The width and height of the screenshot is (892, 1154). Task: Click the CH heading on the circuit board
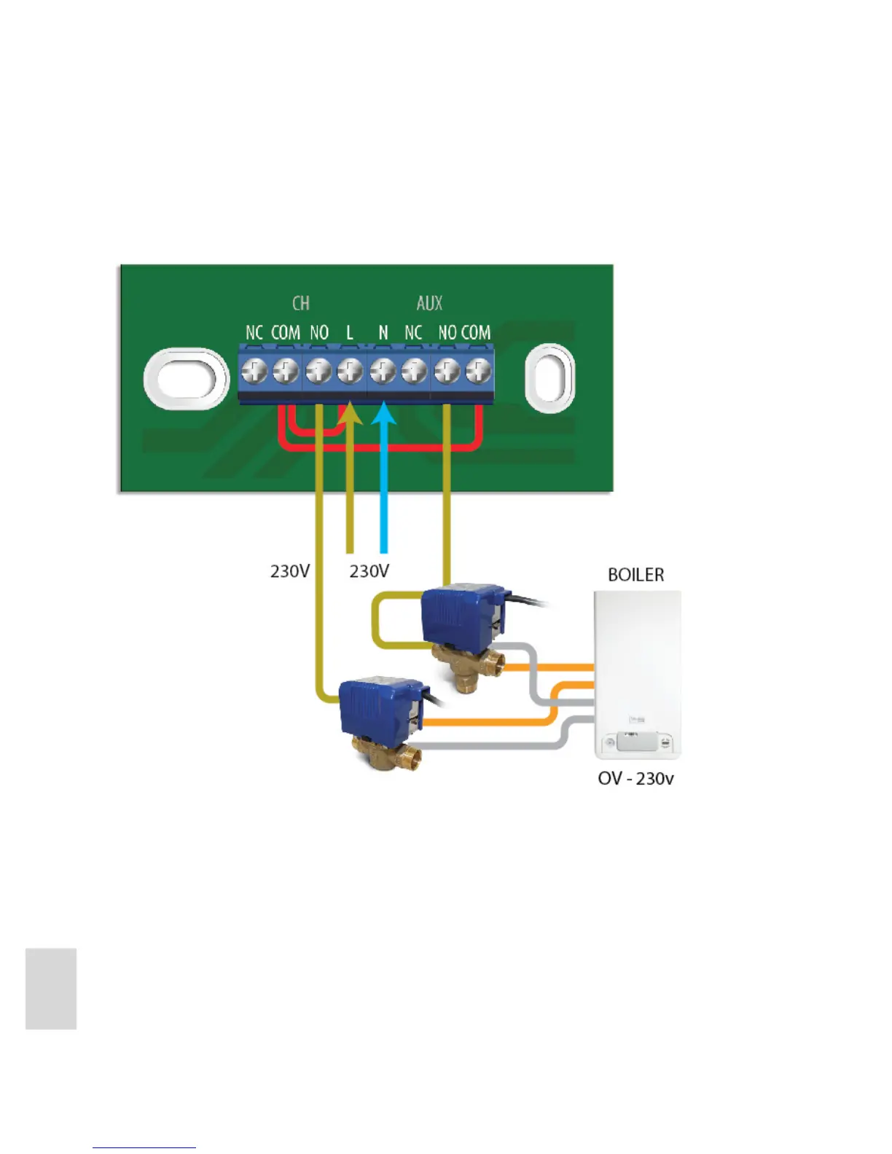point(301,303)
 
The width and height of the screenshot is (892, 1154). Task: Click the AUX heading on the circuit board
point(429,303)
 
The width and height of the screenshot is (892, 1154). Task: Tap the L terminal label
point(350,333)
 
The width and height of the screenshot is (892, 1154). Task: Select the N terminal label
point(383,333)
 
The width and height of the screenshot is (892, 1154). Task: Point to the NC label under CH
point(254,333)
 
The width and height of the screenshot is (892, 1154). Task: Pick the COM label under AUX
point(476,333)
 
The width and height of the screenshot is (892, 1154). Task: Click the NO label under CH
point(319,333)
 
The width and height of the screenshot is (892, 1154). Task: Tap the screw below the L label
point(350,372)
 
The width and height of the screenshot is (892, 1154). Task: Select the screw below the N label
point(383,372)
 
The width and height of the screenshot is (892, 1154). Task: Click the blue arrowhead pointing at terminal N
point(383,415)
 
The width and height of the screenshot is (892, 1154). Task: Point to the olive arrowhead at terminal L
point(350,415)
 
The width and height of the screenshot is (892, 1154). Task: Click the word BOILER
point(635,575)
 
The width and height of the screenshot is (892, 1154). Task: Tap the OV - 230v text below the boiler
point(635,779)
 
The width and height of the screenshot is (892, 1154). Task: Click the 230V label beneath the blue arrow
point(369,571)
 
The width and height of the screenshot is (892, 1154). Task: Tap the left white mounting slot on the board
point(187,377)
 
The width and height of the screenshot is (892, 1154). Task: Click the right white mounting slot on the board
point(550,377)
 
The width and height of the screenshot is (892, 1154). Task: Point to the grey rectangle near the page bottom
point(51,989)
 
